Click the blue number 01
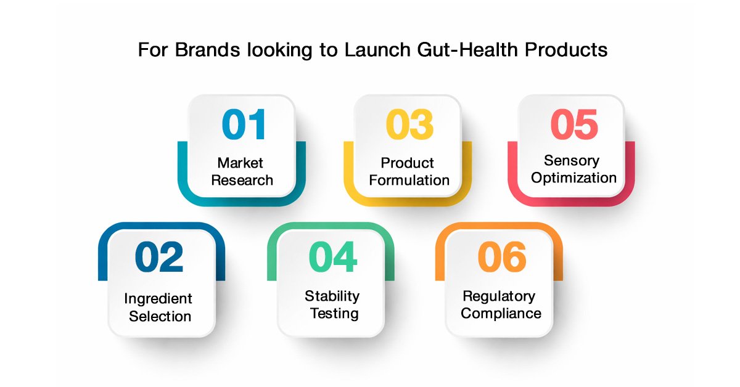[x=244, y=124]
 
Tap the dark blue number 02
[x=159, y=256]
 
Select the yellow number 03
[x=409, y=124]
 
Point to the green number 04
[x=333, y=256]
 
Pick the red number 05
[x=574, y=124]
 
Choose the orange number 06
[x=502, y=256]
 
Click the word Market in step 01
[x=240, y=163]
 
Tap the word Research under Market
[x=242, y=181]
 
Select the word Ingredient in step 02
[x=158, y=299]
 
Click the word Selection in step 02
[x=160, y=316]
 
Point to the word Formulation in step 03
[x=409, y=181]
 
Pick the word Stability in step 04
[x=332, y=296]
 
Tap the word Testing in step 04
[x=334, y=314]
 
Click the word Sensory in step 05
[x=572, y=161]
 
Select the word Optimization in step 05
[x=574, y=178]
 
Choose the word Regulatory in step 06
[x=499, y=296]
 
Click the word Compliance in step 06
[x=501, y=314]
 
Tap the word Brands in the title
[x=207, y=50]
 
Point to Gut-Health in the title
[x=468, y=50]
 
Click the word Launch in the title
[x=377, y=50]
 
